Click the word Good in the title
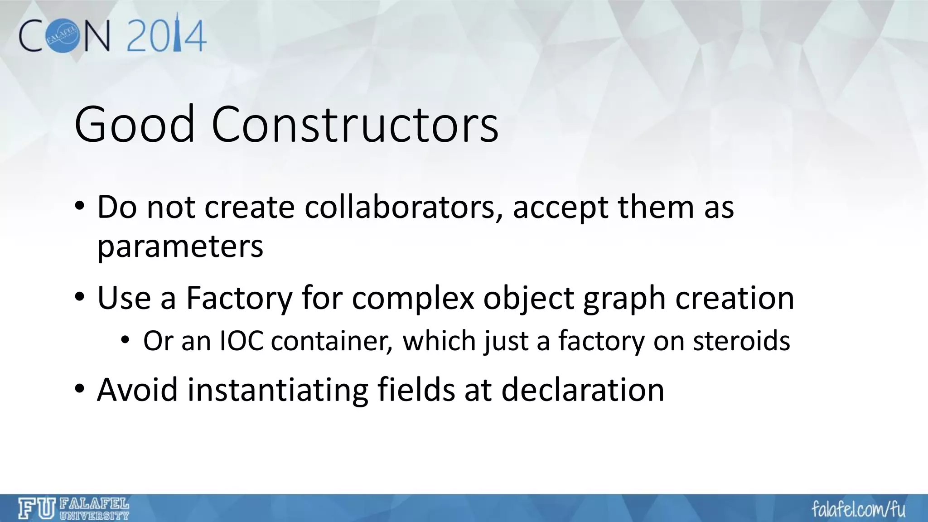coord(134,124)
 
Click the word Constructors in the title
coord(354,124)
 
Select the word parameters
coord(180,246)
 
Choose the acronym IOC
coord(242,341)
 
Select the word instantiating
coord(277,390)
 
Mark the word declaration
coord(583,390)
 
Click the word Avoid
coord(137,390)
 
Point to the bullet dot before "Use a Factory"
coord(80,298)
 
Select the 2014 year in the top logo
coord(166,35)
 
